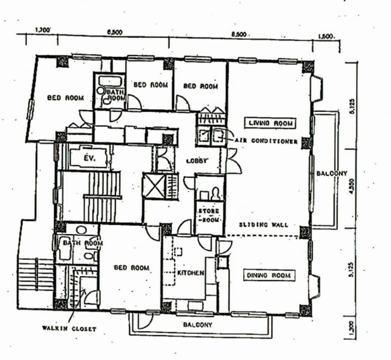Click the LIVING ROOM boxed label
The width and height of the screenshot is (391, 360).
270,123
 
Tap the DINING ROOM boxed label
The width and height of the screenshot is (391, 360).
269,275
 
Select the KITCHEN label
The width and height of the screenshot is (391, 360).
190,273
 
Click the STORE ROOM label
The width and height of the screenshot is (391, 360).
209,215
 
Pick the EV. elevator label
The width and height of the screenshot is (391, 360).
90,158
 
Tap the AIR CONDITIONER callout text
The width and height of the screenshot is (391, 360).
266,141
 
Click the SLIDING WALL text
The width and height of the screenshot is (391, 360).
264,225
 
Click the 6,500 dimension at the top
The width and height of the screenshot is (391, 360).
115,32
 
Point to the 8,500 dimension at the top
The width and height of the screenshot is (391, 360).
239,35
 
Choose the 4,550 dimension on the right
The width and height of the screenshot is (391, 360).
352,188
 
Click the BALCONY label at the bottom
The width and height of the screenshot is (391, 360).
198,324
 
